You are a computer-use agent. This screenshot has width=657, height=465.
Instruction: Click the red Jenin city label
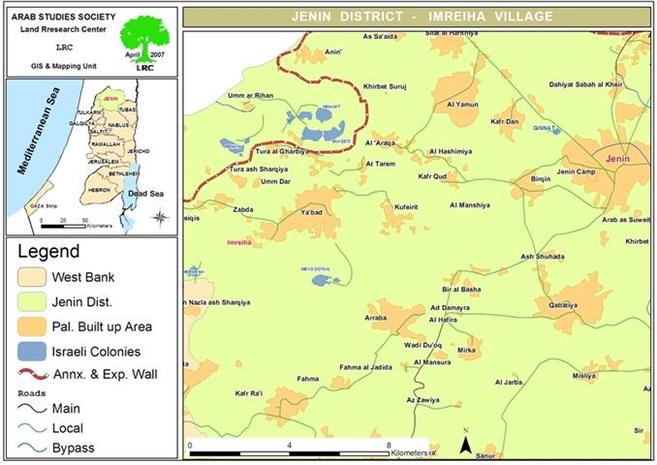point(618,157)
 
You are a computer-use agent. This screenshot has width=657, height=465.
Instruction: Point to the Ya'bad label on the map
point(311,211)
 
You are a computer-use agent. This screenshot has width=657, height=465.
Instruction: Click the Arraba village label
point(376,317)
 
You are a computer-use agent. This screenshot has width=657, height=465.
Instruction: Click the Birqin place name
point(543,179)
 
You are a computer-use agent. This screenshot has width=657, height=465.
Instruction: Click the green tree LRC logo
point(144,39)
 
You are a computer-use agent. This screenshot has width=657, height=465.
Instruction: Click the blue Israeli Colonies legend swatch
point(40,353)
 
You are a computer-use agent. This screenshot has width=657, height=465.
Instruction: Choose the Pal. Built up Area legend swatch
point(40,326)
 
